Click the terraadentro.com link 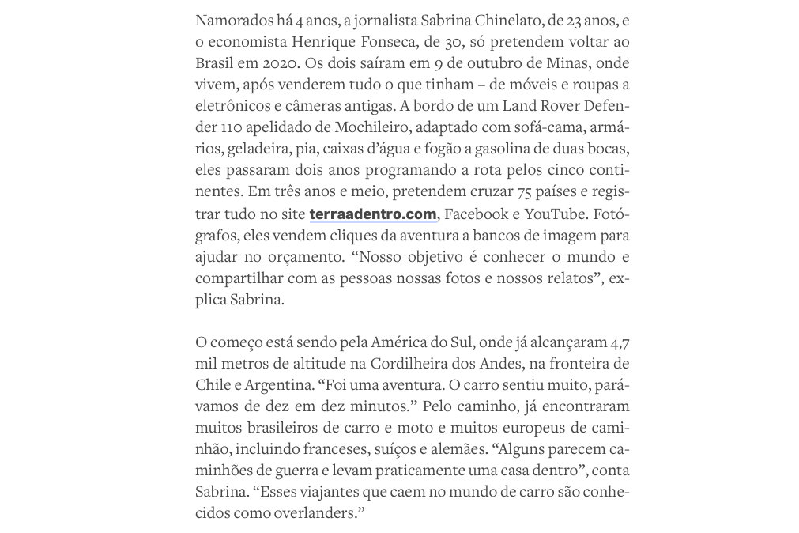pos(372,214)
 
